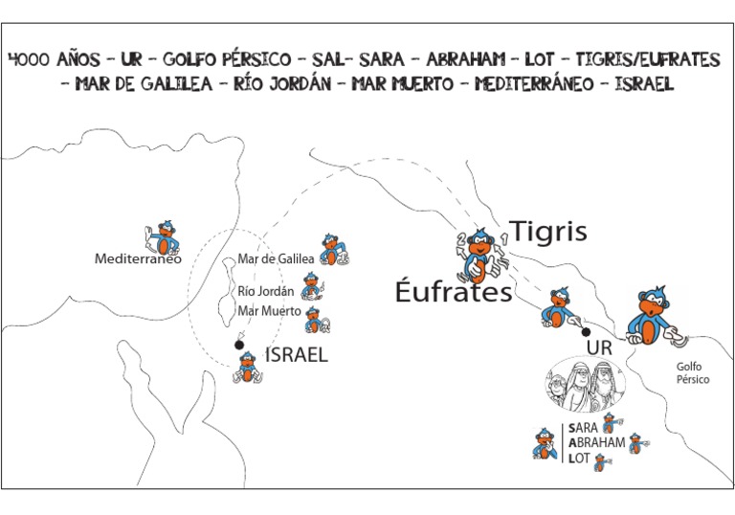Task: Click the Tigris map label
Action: pyautogui.click(x=547, y=232)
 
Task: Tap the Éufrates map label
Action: pyautogui.click(x=454, y=292)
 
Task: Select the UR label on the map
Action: pyautogui.click(x=598, y=347)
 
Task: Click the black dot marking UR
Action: pyautogui.click(x=586, y=332)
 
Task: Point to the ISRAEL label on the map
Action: pyautogui.click(x=296, y=355)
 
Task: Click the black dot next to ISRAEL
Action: pyautogui.click(x=240, y=345)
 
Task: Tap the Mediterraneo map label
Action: pyautogui.click(x=138, y=258)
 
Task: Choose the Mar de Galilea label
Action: pyautogui.click(x=277, y=259)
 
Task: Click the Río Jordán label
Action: pyautogui.click(x=265, y=291)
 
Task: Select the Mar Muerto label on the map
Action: pyautogui.click(x=269, y=311)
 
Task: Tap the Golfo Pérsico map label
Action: pyautogui.click(x=693, y=372)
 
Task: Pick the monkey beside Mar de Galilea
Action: pyautogui.click(x=334, y=250)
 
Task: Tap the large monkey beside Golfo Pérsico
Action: pyautogui.click(x=655, y=316)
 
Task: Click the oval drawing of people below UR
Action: pyautogui.click(x=585, y=385)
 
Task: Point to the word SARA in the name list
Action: pyautogui.click(x=583, y=428)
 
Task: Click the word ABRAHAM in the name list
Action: pyautogui.click(x=595, y=443)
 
